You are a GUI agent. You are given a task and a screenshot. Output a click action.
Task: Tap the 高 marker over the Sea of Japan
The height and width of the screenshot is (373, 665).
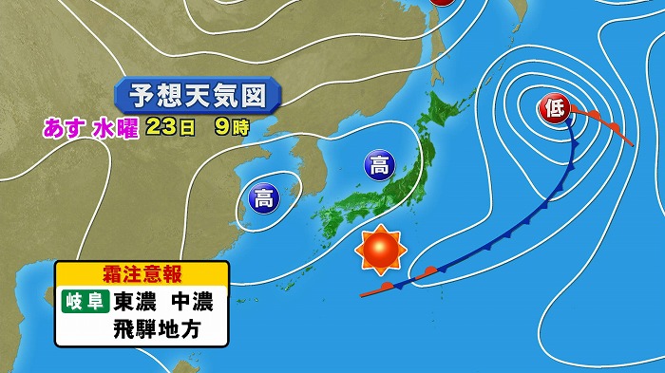(378, 166)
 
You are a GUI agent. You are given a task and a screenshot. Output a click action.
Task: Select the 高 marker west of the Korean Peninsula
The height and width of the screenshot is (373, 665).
(262, 197)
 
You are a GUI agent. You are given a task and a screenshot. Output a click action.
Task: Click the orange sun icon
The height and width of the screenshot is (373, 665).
(380, 251)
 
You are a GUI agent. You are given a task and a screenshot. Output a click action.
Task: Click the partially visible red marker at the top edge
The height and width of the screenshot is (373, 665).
(443, 3)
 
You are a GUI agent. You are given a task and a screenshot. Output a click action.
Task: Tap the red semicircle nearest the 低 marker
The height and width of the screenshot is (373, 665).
(593, 116)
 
